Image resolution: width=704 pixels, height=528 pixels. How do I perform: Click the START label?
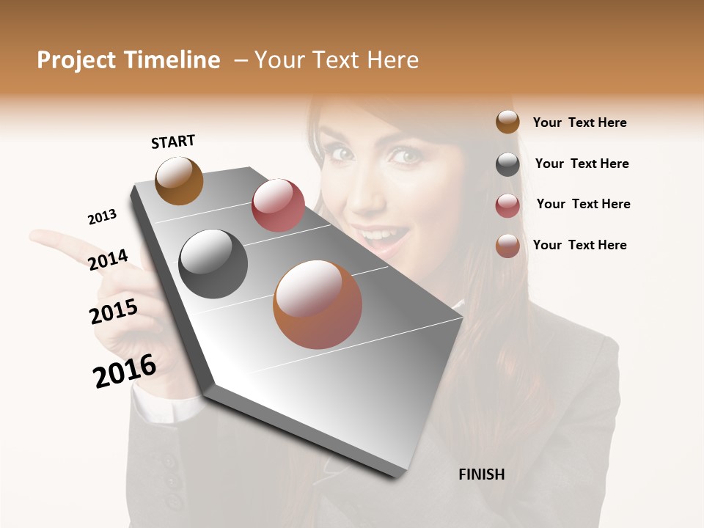point(173,142)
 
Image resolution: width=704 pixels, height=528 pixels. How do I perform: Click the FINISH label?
point(482,474)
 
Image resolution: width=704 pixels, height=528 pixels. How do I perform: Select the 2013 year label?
point(102,217)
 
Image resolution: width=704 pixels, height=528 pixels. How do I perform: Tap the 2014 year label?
point(108,260)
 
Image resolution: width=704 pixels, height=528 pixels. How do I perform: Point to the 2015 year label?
point(114,312)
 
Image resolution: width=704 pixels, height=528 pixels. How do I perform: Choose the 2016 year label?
point(125,371)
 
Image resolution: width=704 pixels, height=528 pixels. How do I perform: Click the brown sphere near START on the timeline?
point(179,180)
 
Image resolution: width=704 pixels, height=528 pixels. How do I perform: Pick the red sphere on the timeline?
point(278,205)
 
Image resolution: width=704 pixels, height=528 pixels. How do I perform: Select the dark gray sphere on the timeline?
point(213,264)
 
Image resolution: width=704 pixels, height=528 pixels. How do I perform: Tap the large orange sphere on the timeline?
point(318,304)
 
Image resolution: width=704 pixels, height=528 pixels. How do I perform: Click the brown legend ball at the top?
point(507,122)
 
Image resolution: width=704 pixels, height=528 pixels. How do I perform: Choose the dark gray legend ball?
point(507,164)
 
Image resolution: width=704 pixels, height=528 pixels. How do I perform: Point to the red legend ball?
point(507,205)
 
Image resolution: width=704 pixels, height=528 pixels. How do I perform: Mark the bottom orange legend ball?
point(507,246)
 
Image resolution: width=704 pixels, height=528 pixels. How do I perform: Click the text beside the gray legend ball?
point(582,164)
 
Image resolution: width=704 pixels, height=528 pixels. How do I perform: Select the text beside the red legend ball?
point(583,204)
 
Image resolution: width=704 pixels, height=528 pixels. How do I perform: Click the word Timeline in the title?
point(172,60)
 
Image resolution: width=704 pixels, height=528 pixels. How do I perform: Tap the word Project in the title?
point(76,60)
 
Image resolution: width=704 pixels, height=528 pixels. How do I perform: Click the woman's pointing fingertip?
point(35,237)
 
